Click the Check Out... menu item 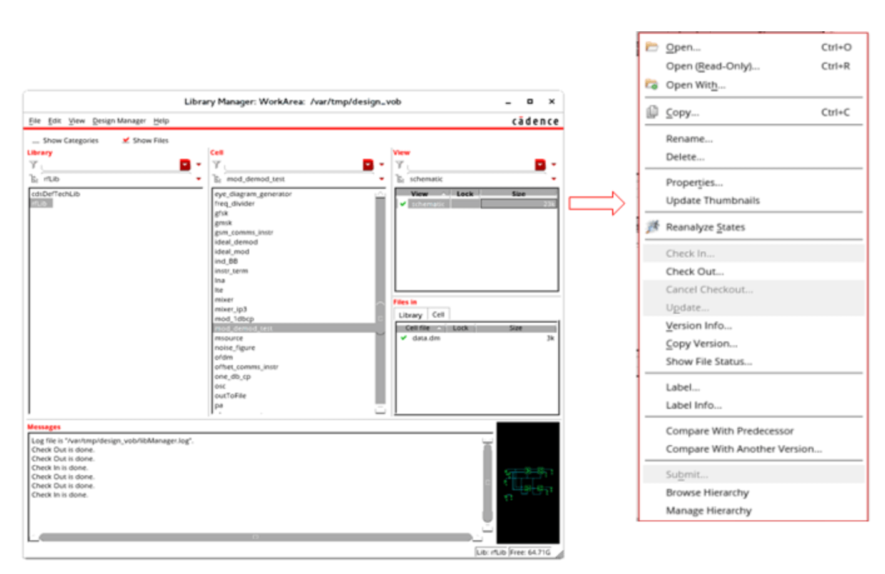pos(694,271)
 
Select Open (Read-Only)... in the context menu pos(712,66)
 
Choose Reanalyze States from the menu pos(705,227)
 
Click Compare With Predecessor pos(729,431)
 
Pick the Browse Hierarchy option pos(707,493)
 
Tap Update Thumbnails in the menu pos(712,201)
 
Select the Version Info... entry pos(698,326)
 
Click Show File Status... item pos(709,361)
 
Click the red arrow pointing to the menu pos(596,203)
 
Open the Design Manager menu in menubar pos(119,121)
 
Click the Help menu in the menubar pos(161,121)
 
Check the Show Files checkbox pos(126,141)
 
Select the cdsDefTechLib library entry pos(56,194)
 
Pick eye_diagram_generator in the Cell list pos(253,194)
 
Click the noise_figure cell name pos(235,348)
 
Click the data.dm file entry pos(426,338)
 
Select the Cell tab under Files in pos(438,315)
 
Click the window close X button pos(551,101)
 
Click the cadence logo pos(535,121)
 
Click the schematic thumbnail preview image pos(528,482)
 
